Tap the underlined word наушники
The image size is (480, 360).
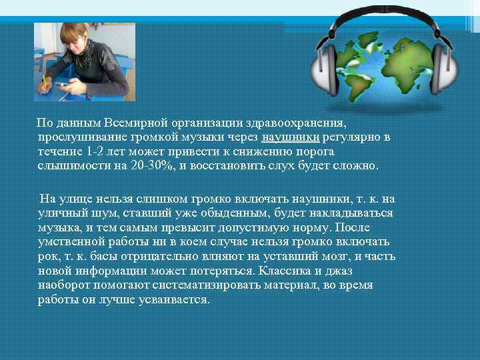point(292,137)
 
